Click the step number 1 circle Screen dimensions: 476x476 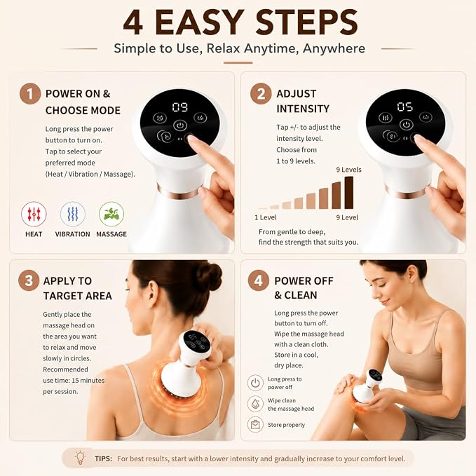pyautogui.click(x=30, y=94)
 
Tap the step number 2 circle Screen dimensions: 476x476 pyautogui.click(x=261, y=94)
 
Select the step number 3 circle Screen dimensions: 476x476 pyautogui.click(x=29, y=280)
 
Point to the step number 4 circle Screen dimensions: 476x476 pyautogui.click(x=259, y=280)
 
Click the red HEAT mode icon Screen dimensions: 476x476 pyautogui.click(x=34, y=214)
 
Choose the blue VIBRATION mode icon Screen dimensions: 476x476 pyautogui.click(x=72, y=214)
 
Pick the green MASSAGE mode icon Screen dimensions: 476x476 pyautogui.click(x=111, y=214)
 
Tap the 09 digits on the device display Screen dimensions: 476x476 pyautogui.click(x=180, y=107)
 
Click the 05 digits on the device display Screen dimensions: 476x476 pyautogui.click(x=405, y=107)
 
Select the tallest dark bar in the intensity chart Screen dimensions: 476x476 pyautogui.click(x=349, y=193)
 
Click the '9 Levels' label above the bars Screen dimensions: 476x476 pyautogui.click(x=349, y=170)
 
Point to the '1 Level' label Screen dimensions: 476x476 pyautogui.click(x=265, y=217)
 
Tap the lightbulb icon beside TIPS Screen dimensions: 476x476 pyautogui.click(x=80, y=458)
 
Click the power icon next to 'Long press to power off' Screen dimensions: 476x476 pyautogui.click(x=255, y=383)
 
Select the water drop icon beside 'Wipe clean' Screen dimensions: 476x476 pyautogui.click(x=255, y=404)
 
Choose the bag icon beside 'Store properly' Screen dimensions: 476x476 pyautogui.click(x=255, y=424)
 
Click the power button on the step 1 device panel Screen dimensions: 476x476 pyautogui.click(x=180, y=125)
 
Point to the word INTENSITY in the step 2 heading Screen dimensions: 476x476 pyautogui.click(x=303, y=109)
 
